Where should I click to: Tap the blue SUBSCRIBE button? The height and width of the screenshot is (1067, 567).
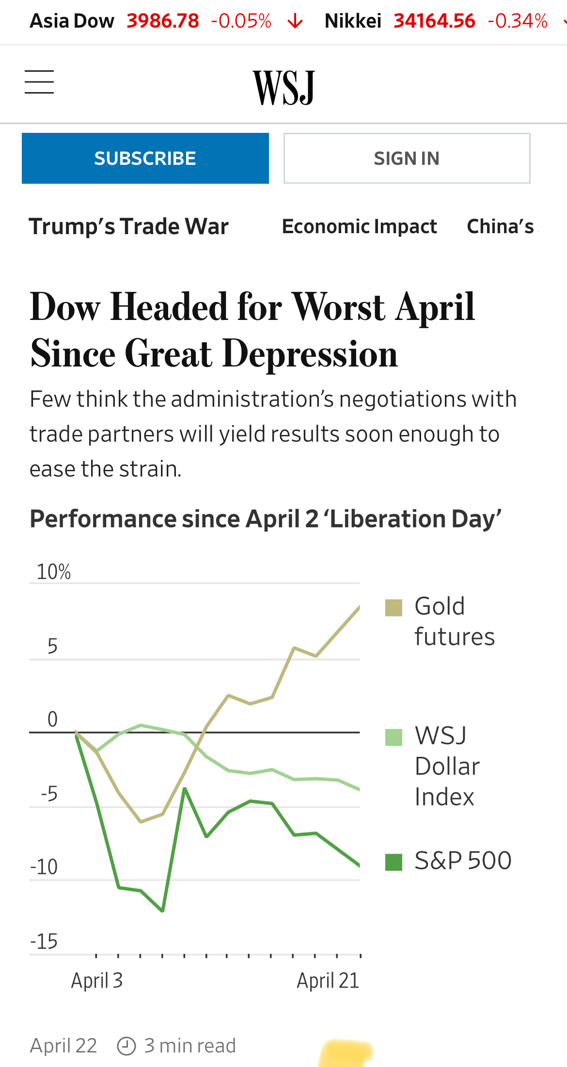[x=145, y=159]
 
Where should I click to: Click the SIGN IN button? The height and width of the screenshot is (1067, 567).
[x=407, y=159]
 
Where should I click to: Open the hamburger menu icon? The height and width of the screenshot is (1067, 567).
[x=39, y=81]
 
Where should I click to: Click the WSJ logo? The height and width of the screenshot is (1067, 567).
[x=284, y=87]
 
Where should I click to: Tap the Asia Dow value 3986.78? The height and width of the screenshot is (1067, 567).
[x=163, y=21]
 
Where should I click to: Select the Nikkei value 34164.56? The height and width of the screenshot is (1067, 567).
[x=434, y=21]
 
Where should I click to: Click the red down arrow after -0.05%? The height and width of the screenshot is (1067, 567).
[x=295, y=22]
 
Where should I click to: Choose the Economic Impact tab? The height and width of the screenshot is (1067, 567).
[x=359, y=226]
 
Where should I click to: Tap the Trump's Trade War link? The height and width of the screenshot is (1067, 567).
[x=129, y=226]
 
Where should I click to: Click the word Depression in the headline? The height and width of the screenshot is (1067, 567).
[x=310, y=354]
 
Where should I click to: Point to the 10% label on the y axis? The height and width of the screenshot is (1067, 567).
[x=54, y=572]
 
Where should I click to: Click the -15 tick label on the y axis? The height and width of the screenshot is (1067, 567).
[x=44, y=941]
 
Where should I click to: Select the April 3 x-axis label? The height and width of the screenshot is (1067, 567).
[x=97, y=980]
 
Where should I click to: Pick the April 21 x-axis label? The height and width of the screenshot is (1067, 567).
[x=328, y=980]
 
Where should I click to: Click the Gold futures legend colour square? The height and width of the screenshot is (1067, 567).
[x=394, y=607]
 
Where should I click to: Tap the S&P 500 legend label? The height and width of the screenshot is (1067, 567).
[x=463, y=860]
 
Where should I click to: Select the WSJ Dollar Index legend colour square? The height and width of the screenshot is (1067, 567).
[x=394, y=737]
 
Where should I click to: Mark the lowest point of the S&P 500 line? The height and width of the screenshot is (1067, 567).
[x=162, y=911]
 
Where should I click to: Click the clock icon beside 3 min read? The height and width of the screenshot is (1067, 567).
[x=126, y=1046]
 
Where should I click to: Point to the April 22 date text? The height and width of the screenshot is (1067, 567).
[x=63, y=1046]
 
